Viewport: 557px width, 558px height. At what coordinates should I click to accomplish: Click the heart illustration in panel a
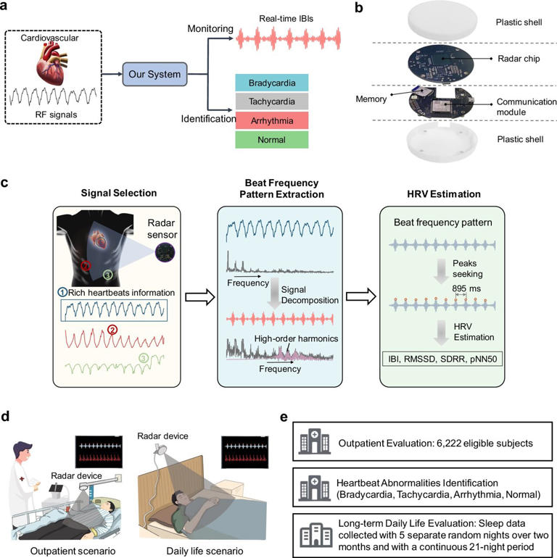coord(59,59)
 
